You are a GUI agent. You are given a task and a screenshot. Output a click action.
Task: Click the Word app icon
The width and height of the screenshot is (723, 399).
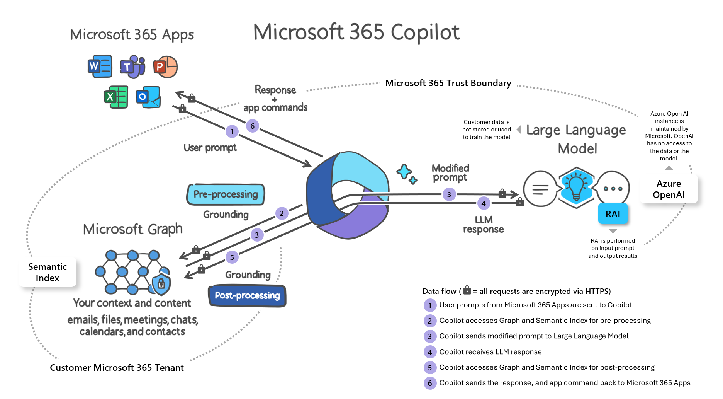point(100,66)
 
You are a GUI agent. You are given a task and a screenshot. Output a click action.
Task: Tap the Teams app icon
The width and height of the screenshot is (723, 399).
point(132,66)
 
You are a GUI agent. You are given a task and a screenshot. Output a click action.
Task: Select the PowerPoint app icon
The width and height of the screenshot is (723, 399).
point(165,67)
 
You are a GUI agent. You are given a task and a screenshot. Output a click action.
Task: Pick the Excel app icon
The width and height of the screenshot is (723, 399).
point(116,97)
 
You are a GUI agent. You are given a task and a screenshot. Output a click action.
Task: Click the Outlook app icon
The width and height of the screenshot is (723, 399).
point(148,97)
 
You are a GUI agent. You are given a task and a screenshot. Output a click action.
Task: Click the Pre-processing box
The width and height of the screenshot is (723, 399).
point(226,194)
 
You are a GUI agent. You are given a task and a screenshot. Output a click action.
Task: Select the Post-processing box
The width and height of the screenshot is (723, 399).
point(247,296)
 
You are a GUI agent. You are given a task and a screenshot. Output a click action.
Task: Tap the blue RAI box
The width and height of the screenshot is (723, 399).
point(613,214)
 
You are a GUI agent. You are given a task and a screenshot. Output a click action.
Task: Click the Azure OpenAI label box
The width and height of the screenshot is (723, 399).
point(669,189)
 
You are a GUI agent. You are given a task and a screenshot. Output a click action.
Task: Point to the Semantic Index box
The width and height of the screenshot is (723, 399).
point(48,272)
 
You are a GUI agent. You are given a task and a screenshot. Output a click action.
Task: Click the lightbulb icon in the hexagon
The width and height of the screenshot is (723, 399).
point(576,188)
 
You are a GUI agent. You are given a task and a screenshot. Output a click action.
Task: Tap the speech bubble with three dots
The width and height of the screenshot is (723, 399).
point(613,189)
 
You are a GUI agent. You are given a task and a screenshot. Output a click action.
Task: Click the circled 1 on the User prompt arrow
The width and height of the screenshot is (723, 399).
point(232,131)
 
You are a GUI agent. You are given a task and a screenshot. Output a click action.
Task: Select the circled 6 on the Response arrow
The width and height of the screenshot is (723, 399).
point(252,126)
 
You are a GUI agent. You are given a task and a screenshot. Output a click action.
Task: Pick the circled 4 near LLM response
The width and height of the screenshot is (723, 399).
point(484,203)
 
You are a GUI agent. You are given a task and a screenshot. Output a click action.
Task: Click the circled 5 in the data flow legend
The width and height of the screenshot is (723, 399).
point(429,367)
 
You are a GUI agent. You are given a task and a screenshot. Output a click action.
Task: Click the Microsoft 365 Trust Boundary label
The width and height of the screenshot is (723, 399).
point(448,83)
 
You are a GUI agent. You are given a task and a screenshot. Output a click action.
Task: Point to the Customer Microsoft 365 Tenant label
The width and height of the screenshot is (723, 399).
point(117,367)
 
